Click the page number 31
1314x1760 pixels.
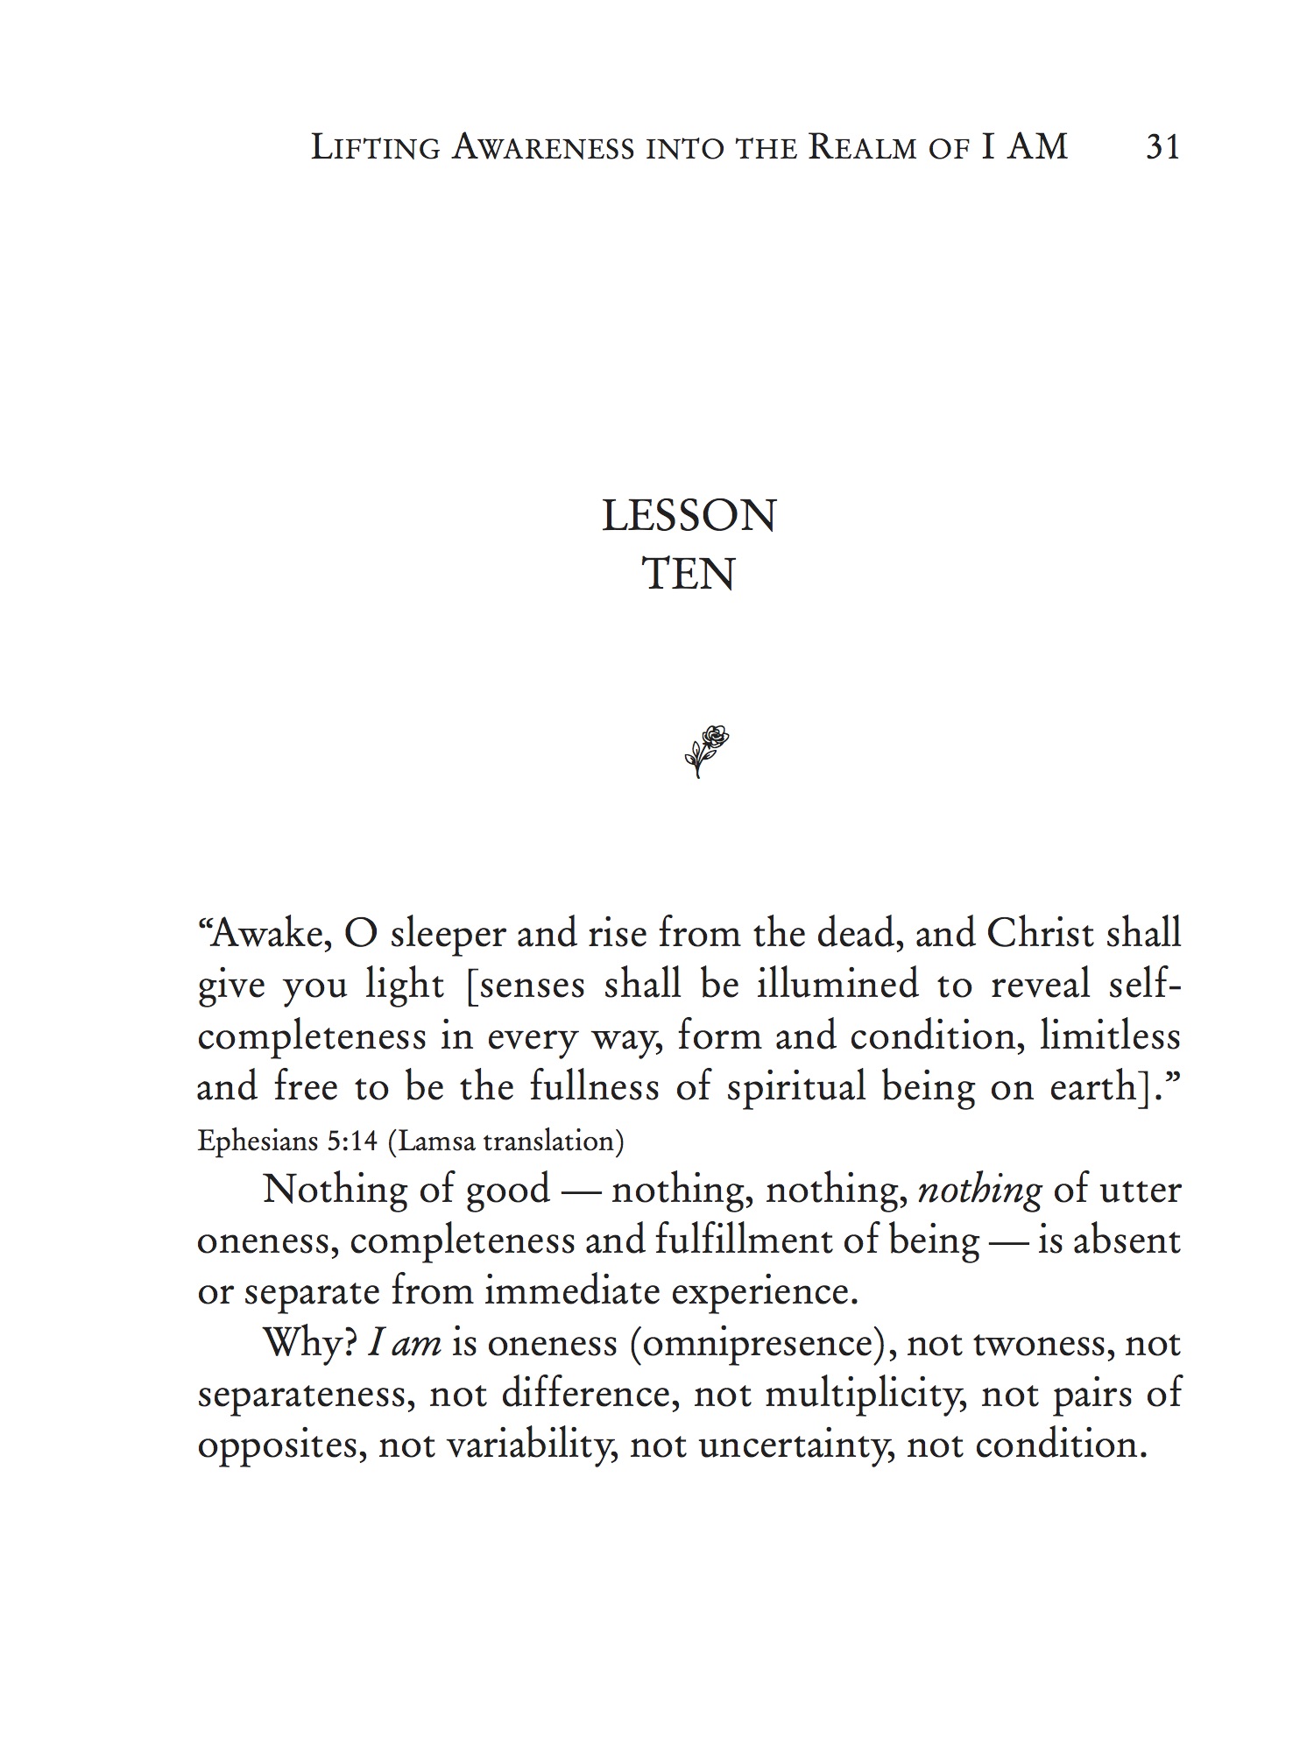(x=1162, y=146)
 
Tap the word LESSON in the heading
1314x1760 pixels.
(x=689, y=516)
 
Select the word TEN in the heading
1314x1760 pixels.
(x=689, y=574)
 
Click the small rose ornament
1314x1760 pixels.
(x=706, y=751)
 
